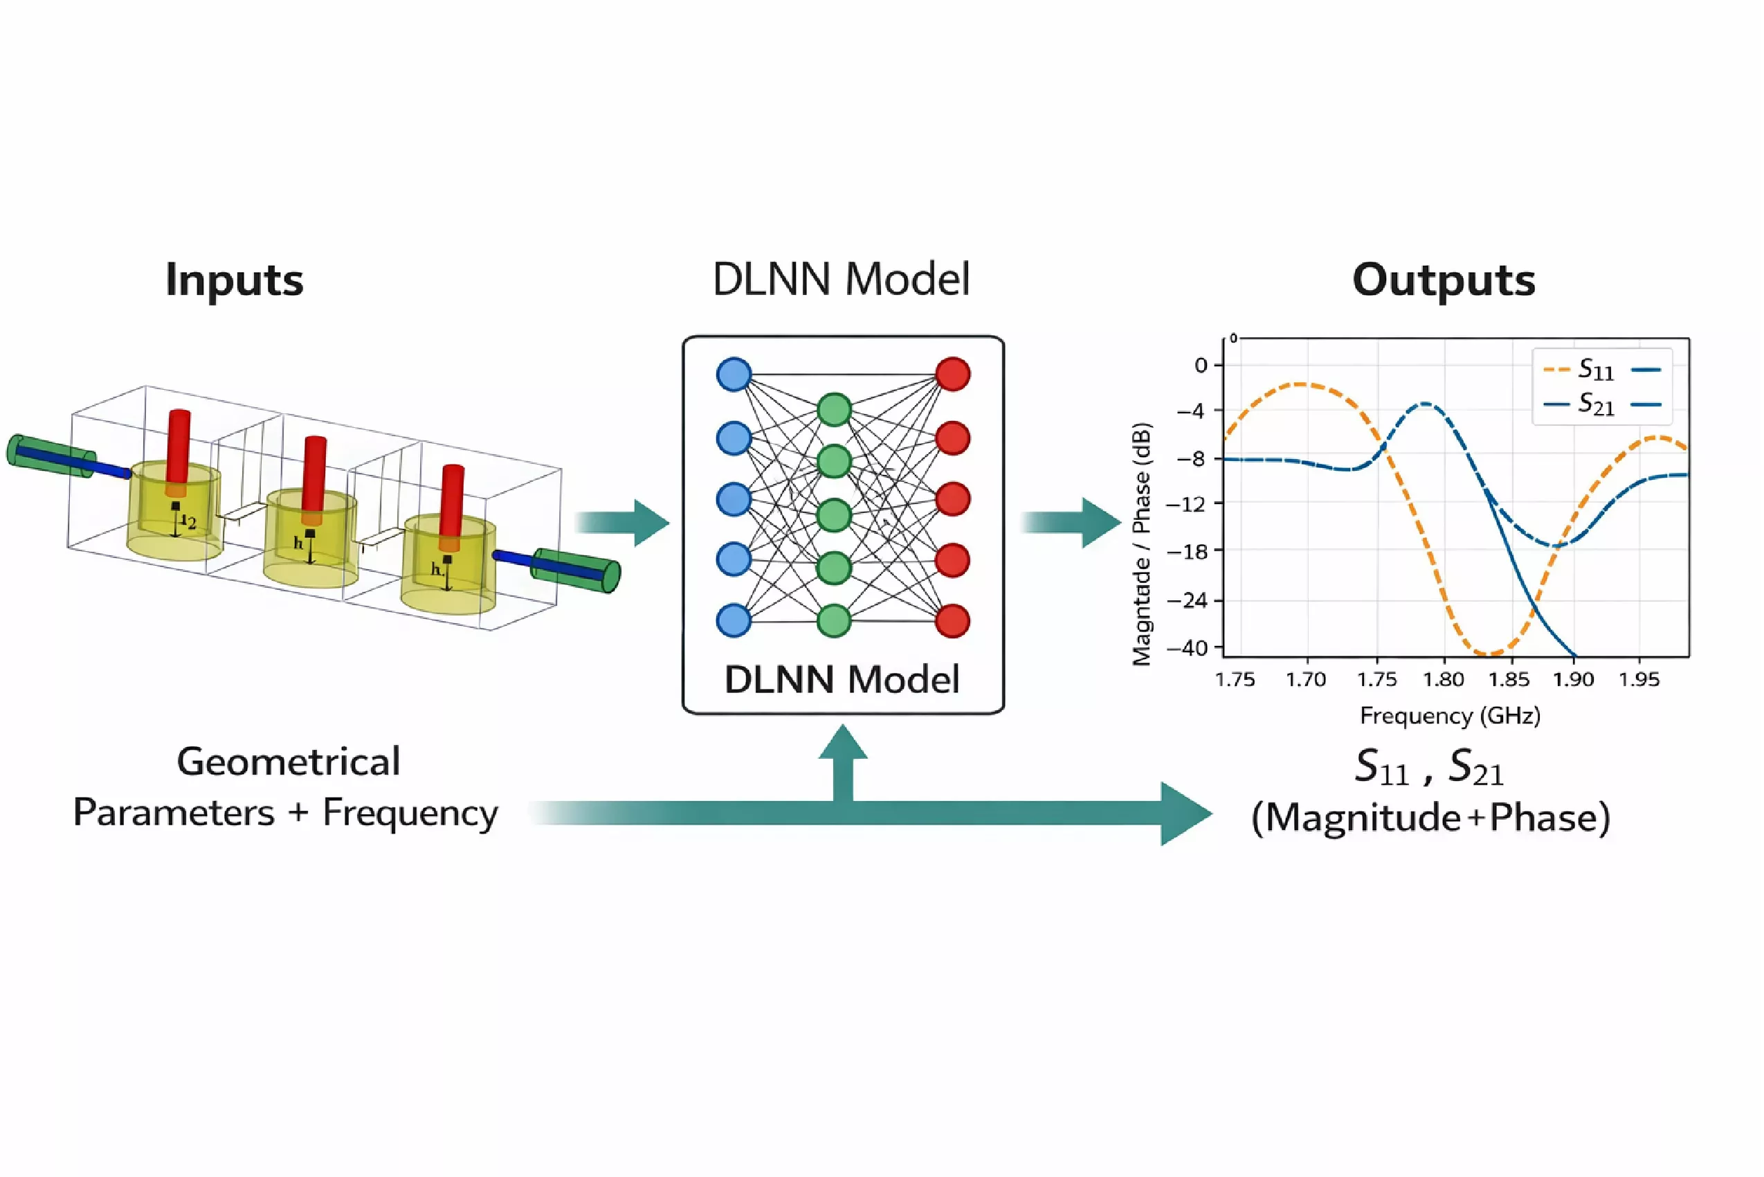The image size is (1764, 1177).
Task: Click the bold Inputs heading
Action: [234, 280]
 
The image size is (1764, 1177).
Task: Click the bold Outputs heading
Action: [1443, 280]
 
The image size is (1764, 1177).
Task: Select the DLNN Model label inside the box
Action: [841, 680]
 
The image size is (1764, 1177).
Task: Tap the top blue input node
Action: [734, 374]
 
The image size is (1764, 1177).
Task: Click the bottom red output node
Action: [952, 621]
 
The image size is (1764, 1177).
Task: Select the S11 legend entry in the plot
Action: [1594, 369]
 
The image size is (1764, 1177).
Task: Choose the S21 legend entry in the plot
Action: [1594, 404]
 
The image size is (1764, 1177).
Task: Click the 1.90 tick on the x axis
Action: [1573, 680]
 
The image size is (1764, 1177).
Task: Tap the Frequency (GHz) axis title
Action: [1450, 715]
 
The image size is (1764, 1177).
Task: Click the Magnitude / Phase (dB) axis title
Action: [1141, 544]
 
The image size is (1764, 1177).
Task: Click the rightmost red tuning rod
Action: [452, 507]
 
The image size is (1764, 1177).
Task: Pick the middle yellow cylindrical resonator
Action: [311, 541]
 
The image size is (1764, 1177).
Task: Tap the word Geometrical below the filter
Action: [288, 762]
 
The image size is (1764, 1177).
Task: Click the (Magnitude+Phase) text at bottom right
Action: [1430, 818]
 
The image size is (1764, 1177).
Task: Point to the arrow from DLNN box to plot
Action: [1071, 522]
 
